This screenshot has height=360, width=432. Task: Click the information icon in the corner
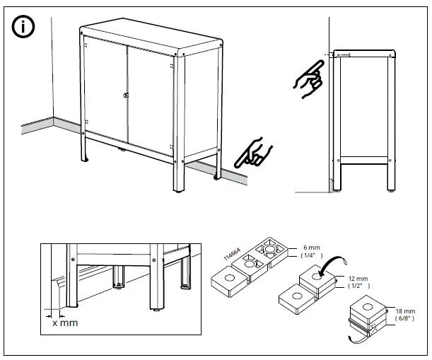(x=23, y=27)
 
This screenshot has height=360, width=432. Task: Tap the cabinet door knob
(x=126, y=95)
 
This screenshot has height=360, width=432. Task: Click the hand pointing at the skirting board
(x=252, y=153)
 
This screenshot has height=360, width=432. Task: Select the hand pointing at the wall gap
(x=309, y=79)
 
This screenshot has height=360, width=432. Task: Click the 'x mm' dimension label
(x=65, y=323)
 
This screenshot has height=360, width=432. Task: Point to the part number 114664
(x=232, y=254)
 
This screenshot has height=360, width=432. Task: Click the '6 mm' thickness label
(x=312, y=248)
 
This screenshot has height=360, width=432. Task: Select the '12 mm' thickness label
(x=358, y=279)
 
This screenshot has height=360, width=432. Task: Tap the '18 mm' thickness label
(x=405, y=311)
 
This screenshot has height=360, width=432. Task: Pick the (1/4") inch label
(x=312, y=255)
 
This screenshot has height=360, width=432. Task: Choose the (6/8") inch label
(x=404, y=318)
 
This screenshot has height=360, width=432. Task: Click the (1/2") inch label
(x=359, y=286)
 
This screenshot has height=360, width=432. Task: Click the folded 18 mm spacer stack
(x=368, y=316)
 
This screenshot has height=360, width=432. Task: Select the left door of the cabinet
(x=106, y=88)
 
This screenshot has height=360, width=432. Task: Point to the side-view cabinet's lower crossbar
(x=364, y=160)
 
